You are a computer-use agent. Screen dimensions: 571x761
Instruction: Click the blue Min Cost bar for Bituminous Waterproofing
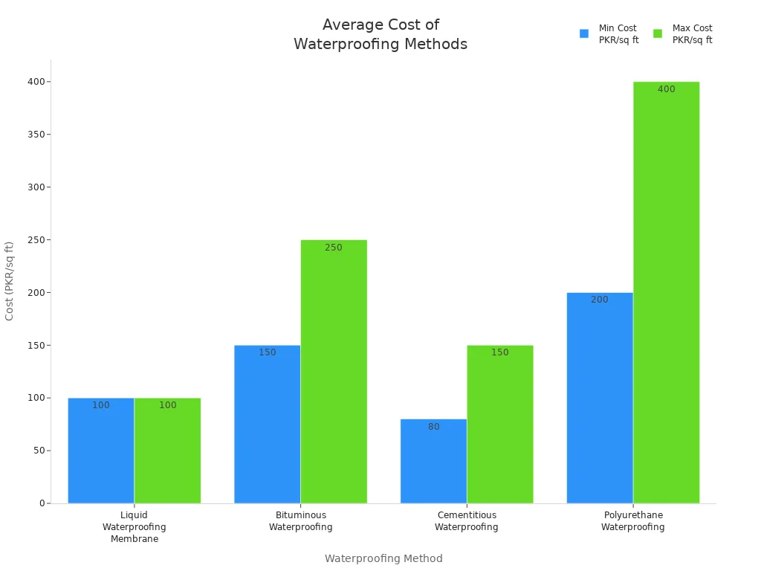(267, 424)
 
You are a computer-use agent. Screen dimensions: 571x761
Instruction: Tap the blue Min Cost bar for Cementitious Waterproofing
(433, 461)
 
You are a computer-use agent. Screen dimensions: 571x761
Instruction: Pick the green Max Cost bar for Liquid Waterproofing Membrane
(167, 451)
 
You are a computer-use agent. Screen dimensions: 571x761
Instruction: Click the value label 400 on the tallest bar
(666, 89)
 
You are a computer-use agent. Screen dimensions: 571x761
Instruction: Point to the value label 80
(433, 427)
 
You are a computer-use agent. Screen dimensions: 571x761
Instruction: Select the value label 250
(334, 248)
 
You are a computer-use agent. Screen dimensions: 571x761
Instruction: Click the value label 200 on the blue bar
(599, 300)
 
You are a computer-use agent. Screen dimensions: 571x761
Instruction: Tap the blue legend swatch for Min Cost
(584, 33)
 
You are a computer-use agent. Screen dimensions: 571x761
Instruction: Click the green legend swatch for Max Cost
(657, 33)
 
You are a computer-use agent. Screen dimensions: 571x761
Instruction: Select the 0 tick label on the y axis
(42, 503)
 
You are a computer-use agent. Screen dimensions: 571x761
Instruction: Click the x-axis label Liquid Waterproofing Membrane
(135, 526)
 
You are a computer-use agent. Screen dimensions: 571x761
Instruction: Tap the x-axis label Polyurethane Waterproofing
(632, 520)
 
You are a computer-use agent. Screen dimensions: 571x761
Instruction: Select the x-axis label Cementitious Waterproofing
(466, 520)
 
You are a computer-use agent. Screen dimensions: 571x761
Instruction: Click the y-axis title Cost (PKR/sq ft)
(10, 280)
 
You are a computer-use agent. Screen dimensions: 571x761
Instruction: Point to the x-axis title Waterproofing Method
(383, 558)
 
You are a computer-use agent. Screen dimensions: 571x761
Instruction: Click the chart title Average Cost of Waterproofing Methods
(380, 34)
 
